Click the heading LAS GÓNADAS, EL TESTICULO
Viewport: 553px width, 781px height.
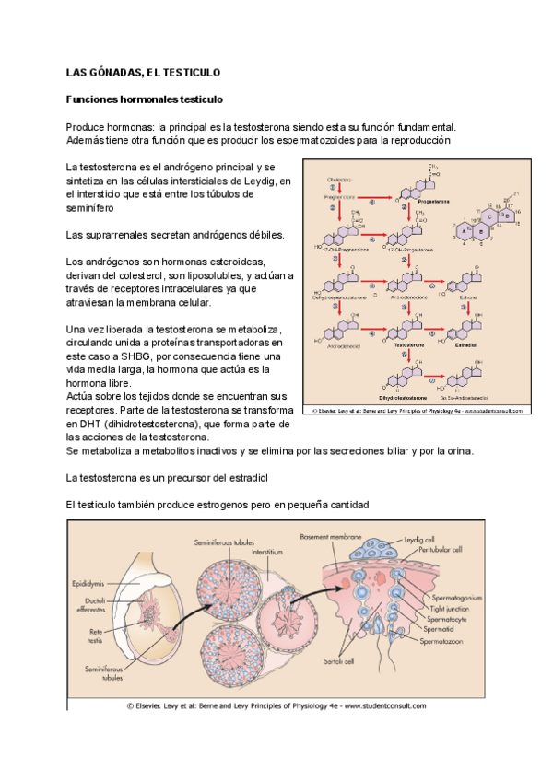(x=142, y=71)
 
